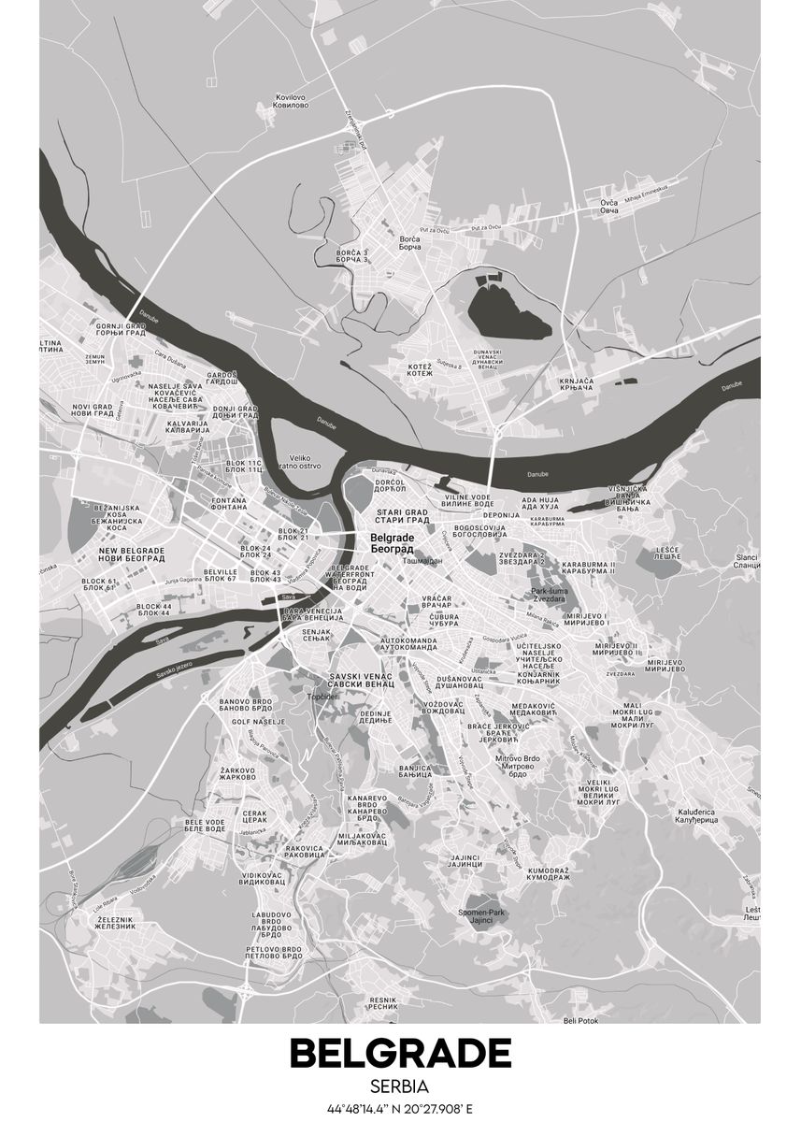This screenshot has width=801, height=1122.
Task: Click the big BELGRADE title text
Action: coord(400,1053)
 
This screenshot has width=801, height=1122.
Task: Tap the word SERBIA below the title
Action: coord(400,1087)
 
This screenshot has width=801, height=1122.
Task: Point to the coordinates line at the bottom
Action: coord(400,1110)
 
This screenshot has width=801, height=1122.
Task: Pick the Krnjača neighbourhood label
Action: coord(577,384)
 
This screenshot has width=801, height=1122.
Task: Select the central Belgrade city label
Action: coord(393,543)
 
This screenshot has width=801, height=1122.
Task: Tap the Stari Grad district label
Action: coord(402,516)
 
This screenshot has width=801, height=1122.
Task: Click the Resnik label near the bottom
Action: coord(382,1002)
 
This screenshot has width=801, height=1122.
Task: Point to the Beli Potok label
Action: coord(581,1020)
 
